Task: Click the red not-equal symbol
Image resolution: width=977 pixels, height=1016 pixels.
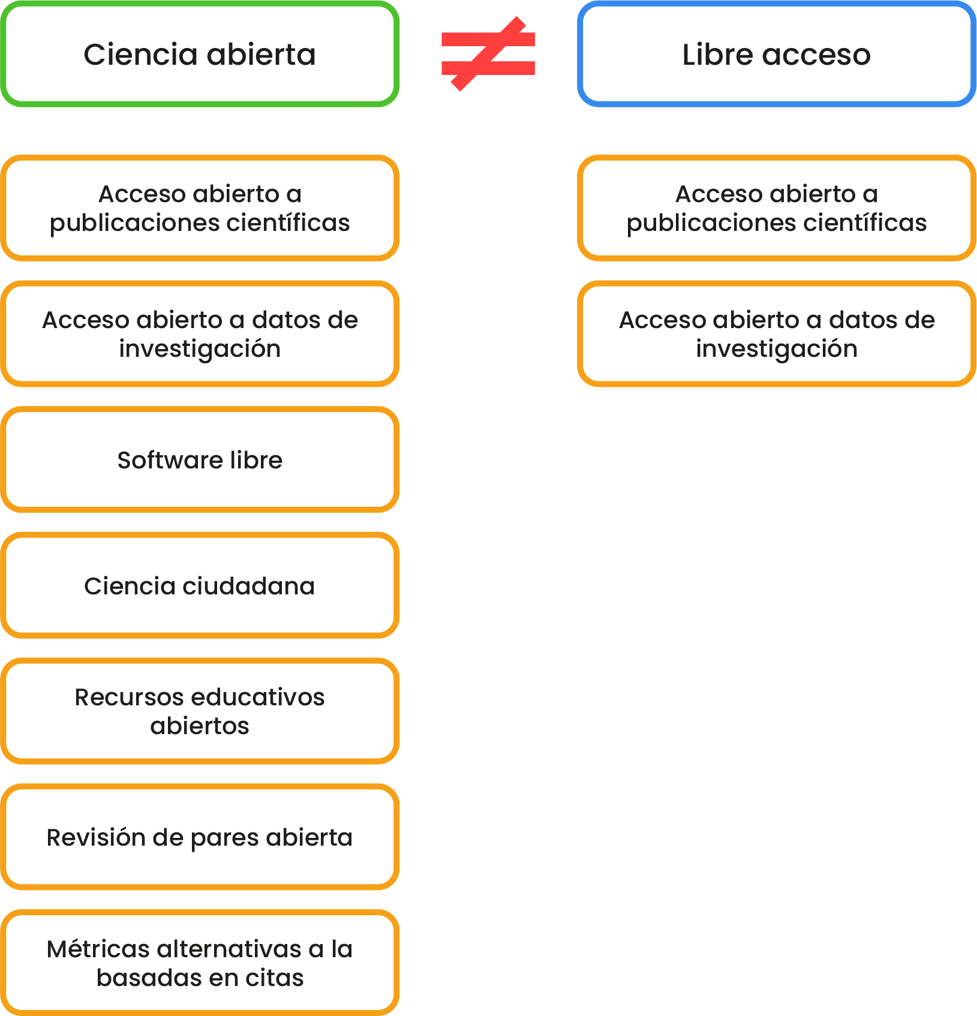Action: tap(488, 54)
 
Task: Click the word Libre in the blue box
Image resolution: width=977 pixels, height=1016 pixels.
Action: tap(717, 55)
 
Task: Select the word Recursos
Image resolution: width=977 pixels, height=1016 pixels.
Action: tap(129, 697)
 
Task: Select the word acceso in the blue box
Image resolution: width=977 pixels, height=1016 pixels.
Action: tap(817, 55)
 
